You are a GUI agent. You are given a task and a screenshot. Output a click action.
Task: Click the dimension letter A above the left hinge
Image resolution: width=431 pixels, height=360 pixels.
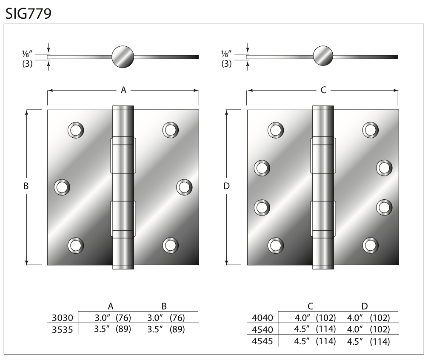coord(124,90)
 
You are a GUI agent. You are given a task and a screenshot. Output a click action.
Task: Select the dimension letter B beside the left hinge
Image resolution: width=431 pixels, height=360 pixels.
coord(26,186)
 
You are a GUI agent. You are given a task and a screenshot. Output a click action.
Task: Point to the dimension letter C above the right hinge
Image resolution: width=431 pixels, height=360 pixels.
coord(323,90)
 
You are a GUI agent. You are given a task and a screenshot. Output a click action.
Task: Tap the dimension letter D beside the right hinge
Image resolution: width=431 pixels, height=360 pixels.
coord(226,186)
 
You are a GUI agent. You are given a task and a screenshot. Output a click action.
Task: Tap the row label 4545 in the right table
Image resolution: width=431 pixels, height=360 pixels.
coord(262,341)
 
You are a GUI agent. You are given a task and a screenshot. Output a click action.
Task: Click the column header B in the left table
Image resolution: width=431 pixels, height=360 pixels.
coord(164,306)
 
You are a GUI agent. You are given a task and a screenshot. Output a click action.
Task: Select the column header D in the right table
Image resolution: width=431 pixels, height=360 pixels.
coord(364,306)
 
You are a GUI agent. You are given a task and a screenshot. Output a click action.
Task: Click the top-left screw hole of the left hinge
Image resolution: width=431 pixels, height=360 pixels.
coord(76,130)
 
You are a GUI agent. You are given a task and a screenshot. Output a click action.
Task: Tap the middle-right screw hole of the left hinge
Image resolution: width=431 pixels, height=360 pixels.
coord(184,187)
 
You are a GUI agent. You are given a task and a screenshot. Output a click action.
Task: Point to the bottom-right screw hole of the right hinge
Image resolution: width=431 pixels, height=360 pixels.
coord(371,245)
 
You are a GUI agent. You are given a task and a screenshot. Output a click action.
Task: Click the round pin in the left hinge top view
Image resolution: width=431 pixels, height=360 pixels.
coord(123,57)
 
